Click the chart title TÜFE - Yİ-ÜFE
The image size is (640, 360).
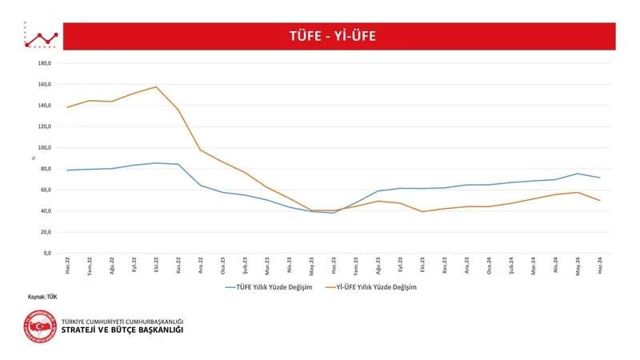pyautogui.click(x=331, y=36)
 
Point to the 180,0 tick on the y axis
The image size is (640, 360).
pyautogui.click(x=45, y=63)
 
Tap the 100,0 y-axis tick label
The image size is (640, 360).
pyautogui.click(x=45, y=148)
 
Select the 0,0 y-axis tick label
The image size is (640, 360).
pyautogui.click(x=46, y=254)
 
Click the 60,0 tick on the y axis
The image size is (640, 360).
pyautogui.click(x=46, y=190)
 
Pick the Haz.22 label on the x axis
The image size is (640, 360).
pyautogui.click(x=68, y=265)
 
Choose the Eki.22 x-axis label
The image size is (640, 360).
pyautogui.click(x=156, y=265)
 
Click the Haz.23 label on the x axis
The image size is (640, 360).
pyautogui.click(x=334, y=265)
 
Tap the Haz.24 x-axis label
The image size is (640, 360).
pyautogui.click(x=599, y=265)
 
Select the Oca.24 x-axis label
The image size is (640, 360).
pyautogui.click(x=489, y=265)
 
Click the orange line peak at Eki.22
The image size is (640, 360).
pyautogui.click(x=156, y=86)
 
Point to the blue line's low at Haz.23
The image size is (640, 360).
pyautogui.click(x=334, y=213)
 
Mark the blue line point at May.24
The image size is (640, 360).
pyautogui.click(x=578, y=174)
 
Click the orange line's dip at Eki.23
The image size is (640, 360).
pyautogui.click(x=422, y=211)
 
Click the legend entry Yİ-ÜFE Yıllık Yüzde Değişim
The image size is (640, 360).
pyautogui.click(x=377, y=286)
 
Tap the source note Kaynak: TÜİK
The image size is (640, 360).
pyautogui.click(x=42, y=297)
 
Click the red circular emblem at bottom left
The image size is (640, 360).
pyautogui.click(x=40, y=330)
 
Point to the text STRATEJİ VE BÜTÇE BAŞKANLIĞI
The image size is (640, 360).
pyautogui.click(x=122, y=330)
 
